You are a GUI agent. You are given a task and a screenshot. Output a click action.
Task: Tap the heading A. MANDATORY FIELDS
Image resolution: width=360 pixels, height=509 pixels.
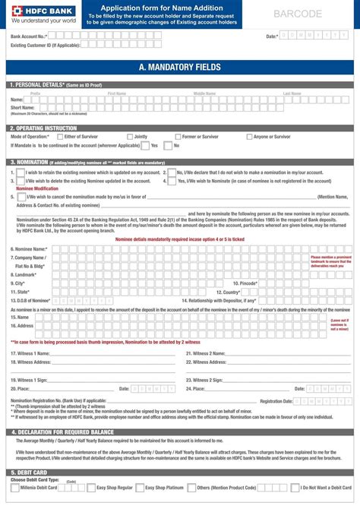[x=179, y=68]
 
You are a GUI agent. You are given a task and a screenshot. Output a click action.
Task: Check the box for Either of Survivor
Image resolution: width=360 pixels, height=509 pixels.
[x=60, y=137]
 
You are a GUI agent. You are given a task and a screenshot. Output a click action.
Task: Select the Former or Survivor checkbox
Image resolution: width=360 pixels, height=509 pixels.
[x=177, y=137]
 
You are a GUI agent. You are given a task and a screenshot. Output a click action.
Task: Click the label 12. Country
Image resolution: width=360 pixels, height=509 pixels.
[x=227, y=292]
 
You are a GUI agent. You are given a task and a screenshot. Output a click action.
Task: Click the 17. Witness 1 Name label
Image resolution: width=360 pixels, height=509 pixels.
[x=30, y=353]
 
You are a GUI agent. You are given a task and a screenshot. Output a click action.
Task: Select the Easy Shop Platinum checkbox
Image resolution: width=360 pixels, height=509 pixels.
[x=140, y=488]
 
